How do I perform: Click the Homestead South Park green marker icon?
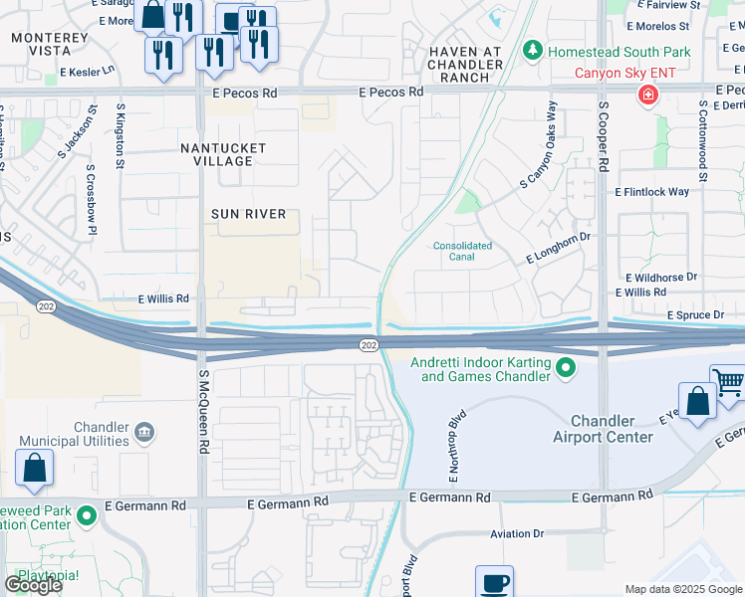533,49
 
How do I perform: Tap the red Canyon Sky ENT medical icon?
648,95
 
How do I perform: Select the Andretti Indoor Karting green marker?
566,369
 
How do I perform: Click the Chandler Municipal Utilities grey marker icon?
144,432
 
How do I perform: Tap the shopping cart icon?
729,383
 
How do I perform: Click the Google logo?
32,585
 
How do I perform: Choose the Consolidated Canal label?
462,251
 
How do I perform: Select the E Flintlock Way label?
651,191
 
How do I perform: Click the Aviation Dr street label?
517,534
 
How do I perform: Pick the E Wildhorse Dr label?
661,277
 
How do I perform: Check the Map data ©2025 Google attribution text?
682,589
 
